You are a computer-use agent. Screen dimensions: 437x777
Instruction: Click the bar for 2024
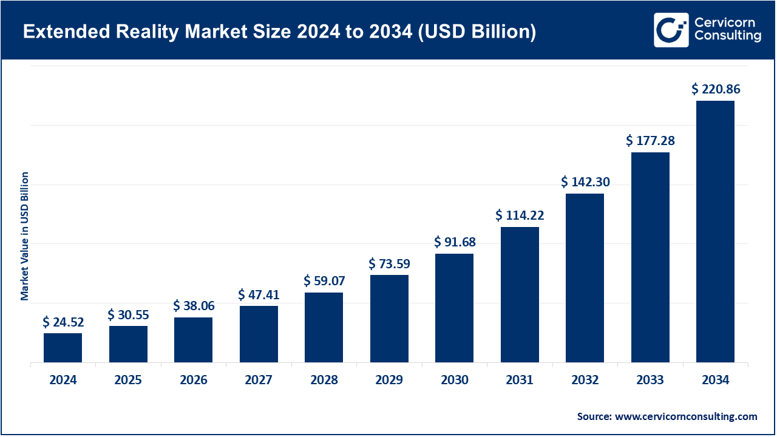click(63, 348)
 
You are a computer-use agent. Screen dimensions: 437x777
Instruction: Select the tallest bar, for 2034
click(715, 231)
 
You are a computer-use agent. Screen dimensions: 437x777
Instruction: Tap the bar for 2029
click(389, 319)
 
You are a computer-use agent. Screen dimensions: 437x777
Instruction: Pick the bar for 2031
click(520, 294)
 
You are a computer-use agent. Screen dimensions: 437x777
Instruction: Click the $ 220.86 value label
click(716, 89)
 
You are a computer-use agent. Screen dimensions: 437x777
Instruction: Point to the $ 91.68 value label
click(455, 242)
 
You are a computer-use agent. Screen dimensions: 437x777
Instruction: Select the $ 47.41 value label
click(259, 295)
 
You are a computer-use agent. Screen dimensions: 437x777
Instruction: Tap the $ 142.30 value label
click(585, 182)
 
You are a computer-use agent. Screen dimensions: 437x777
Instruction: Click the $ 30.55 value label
click(128, 315)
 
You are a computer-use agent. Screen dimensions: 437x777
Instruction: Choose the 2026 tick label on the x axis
click(194, 381)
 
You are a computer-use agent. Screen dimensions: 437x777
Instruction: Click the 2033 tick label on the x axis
click(650, 381)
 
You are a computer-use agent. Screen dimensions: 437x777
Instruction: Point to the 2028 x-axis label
click(324, 381)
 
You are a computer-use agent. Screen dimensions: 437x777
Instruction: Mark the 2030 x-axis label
click(455, 381)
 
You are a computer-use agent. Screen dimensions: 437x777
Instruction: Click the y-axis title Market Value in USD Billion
click(25, 236)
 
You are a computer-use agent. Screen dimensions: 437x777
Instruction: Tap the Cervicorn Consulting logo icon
click(671, 30)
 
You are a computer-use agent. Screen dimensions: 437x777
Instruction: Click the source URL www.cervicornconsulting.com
click(686, 416)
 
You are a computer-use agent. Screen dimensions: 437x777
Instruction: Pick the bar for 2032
click(585, 278)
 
